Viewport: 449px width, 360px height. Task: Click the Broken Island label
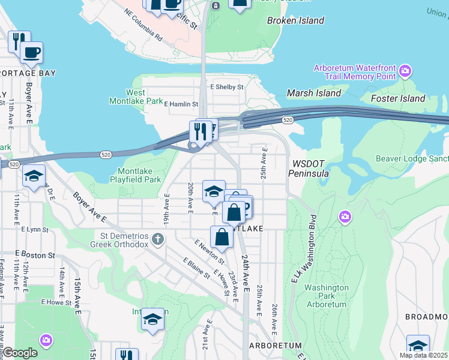(295, 20)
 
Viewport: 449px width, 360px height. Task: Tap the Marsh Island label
(314, 93)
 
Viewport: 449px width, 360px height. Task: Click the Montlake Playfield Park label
(135, 175)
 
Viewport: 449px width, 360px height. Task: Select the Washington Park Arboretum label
(326, 296)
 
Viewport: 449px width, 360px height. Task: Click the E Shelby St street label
(227, 87)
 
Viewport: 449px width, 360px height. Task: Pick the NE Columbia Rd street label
(143, 25)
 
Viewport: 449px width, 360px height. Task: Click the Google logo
(20, 353)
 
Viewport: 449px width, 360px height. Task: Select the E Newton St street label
(208, 252)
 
